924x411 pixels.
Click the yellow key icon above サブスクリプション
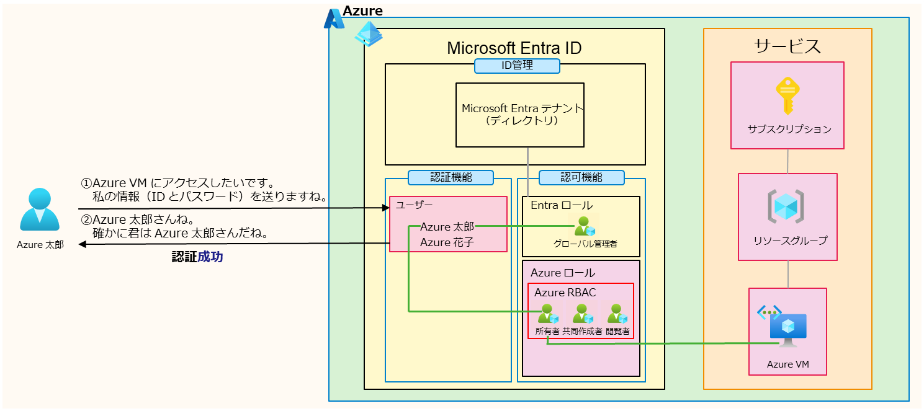coord(786,96)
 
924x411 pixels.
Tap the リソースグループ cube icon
coord(786,206)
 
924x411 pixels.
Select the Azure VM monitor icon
coord(787,329)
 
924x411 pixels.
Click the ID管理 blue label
coord(517,66)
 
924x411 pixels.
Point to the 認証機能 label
coord(451,177)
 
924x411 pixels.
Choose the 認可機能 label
coord(581,177)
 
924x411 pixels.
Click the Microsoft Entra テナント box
coord(520,115)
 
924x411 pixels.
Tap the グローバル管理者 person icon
coord(585,226)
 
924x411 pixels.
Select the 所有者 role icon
coord(548,314)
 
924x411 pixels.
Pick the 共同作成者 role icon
coord(582,314)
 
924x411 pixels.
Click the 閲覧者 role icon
coord(617,314)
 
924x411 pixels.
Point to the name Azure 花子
coord(447,242)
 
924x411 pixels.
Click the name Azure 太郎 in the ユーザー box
coord(447,228)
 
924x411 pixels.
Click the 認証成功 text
coord(197,257)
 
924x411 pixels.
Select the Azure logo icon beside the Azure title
coord(334,19)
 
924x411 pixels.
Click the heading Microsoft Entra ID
coord(514,48)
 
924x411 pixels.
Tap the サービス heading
coord(787,46)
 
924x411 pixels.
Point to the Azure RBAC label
coord(565,293)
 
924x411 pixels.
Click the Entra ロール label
coord(561,205)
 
